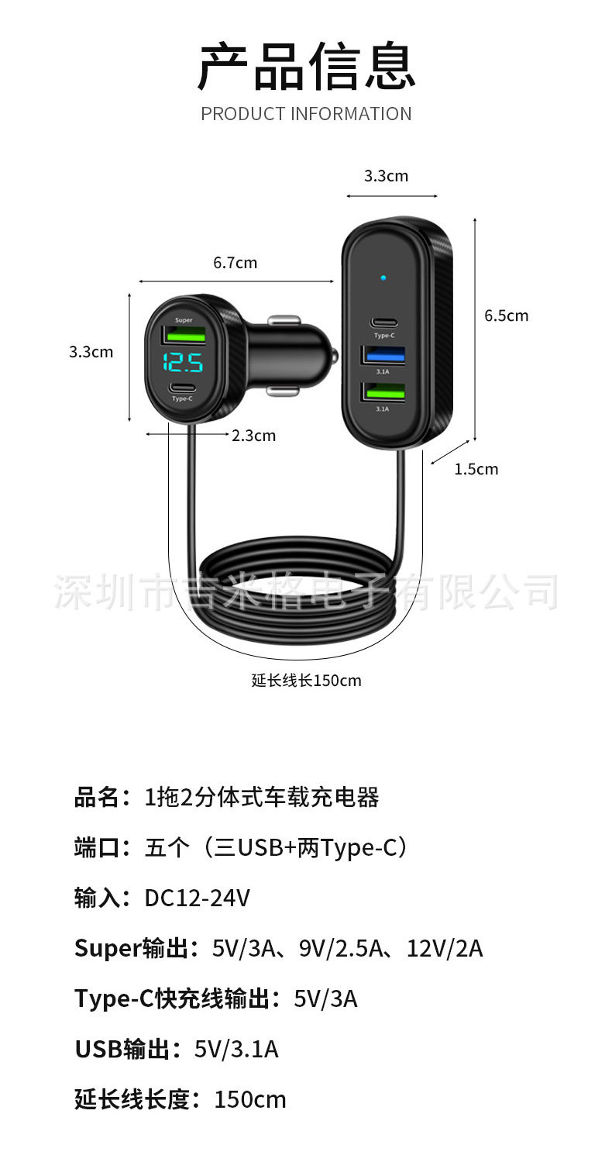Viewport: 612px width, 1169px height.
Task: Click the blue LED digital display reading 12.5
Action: (184, 362)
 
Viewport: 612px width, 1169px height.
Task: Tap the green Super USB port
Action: (184, 336)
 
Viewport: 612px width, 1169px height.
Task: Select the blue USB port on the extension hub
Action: (383, 357)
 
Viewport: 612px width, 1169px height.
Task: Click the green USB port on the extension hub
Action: (383, 394)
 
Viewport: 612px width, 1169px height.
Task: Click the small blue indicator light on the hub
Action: (383, 277)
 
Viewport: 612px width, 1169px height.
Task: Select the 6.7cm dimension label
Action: (236, 263)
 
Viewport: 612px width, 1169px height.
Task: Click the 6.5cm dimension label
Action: (506, 316)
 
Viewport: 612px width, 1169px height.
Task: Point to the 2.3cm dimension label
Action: (253, 436)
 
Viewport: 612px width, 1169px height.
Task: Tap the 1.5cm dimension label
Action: (476, 469)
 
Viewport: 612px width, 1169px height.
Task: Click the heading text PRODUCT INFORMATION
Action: (306, 114)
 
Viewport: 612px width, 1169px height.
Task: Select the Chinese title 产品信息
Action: (306, 67)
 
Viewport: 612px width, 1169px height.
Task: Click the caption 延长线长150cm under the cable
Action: (306, 681)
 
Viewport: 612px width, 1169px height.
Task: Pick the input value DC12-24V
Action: (198, 898)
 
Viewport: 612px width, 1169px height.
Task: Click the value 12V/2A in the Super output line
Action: (445, 948)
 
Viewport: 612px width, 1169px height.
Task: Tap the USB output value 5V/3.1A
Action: (236, 1049)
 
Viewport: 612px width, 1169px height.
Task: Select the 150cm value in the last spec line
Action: (250, 1099)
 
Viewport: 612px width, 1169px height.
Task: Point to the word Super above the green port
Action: (184, 320)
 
